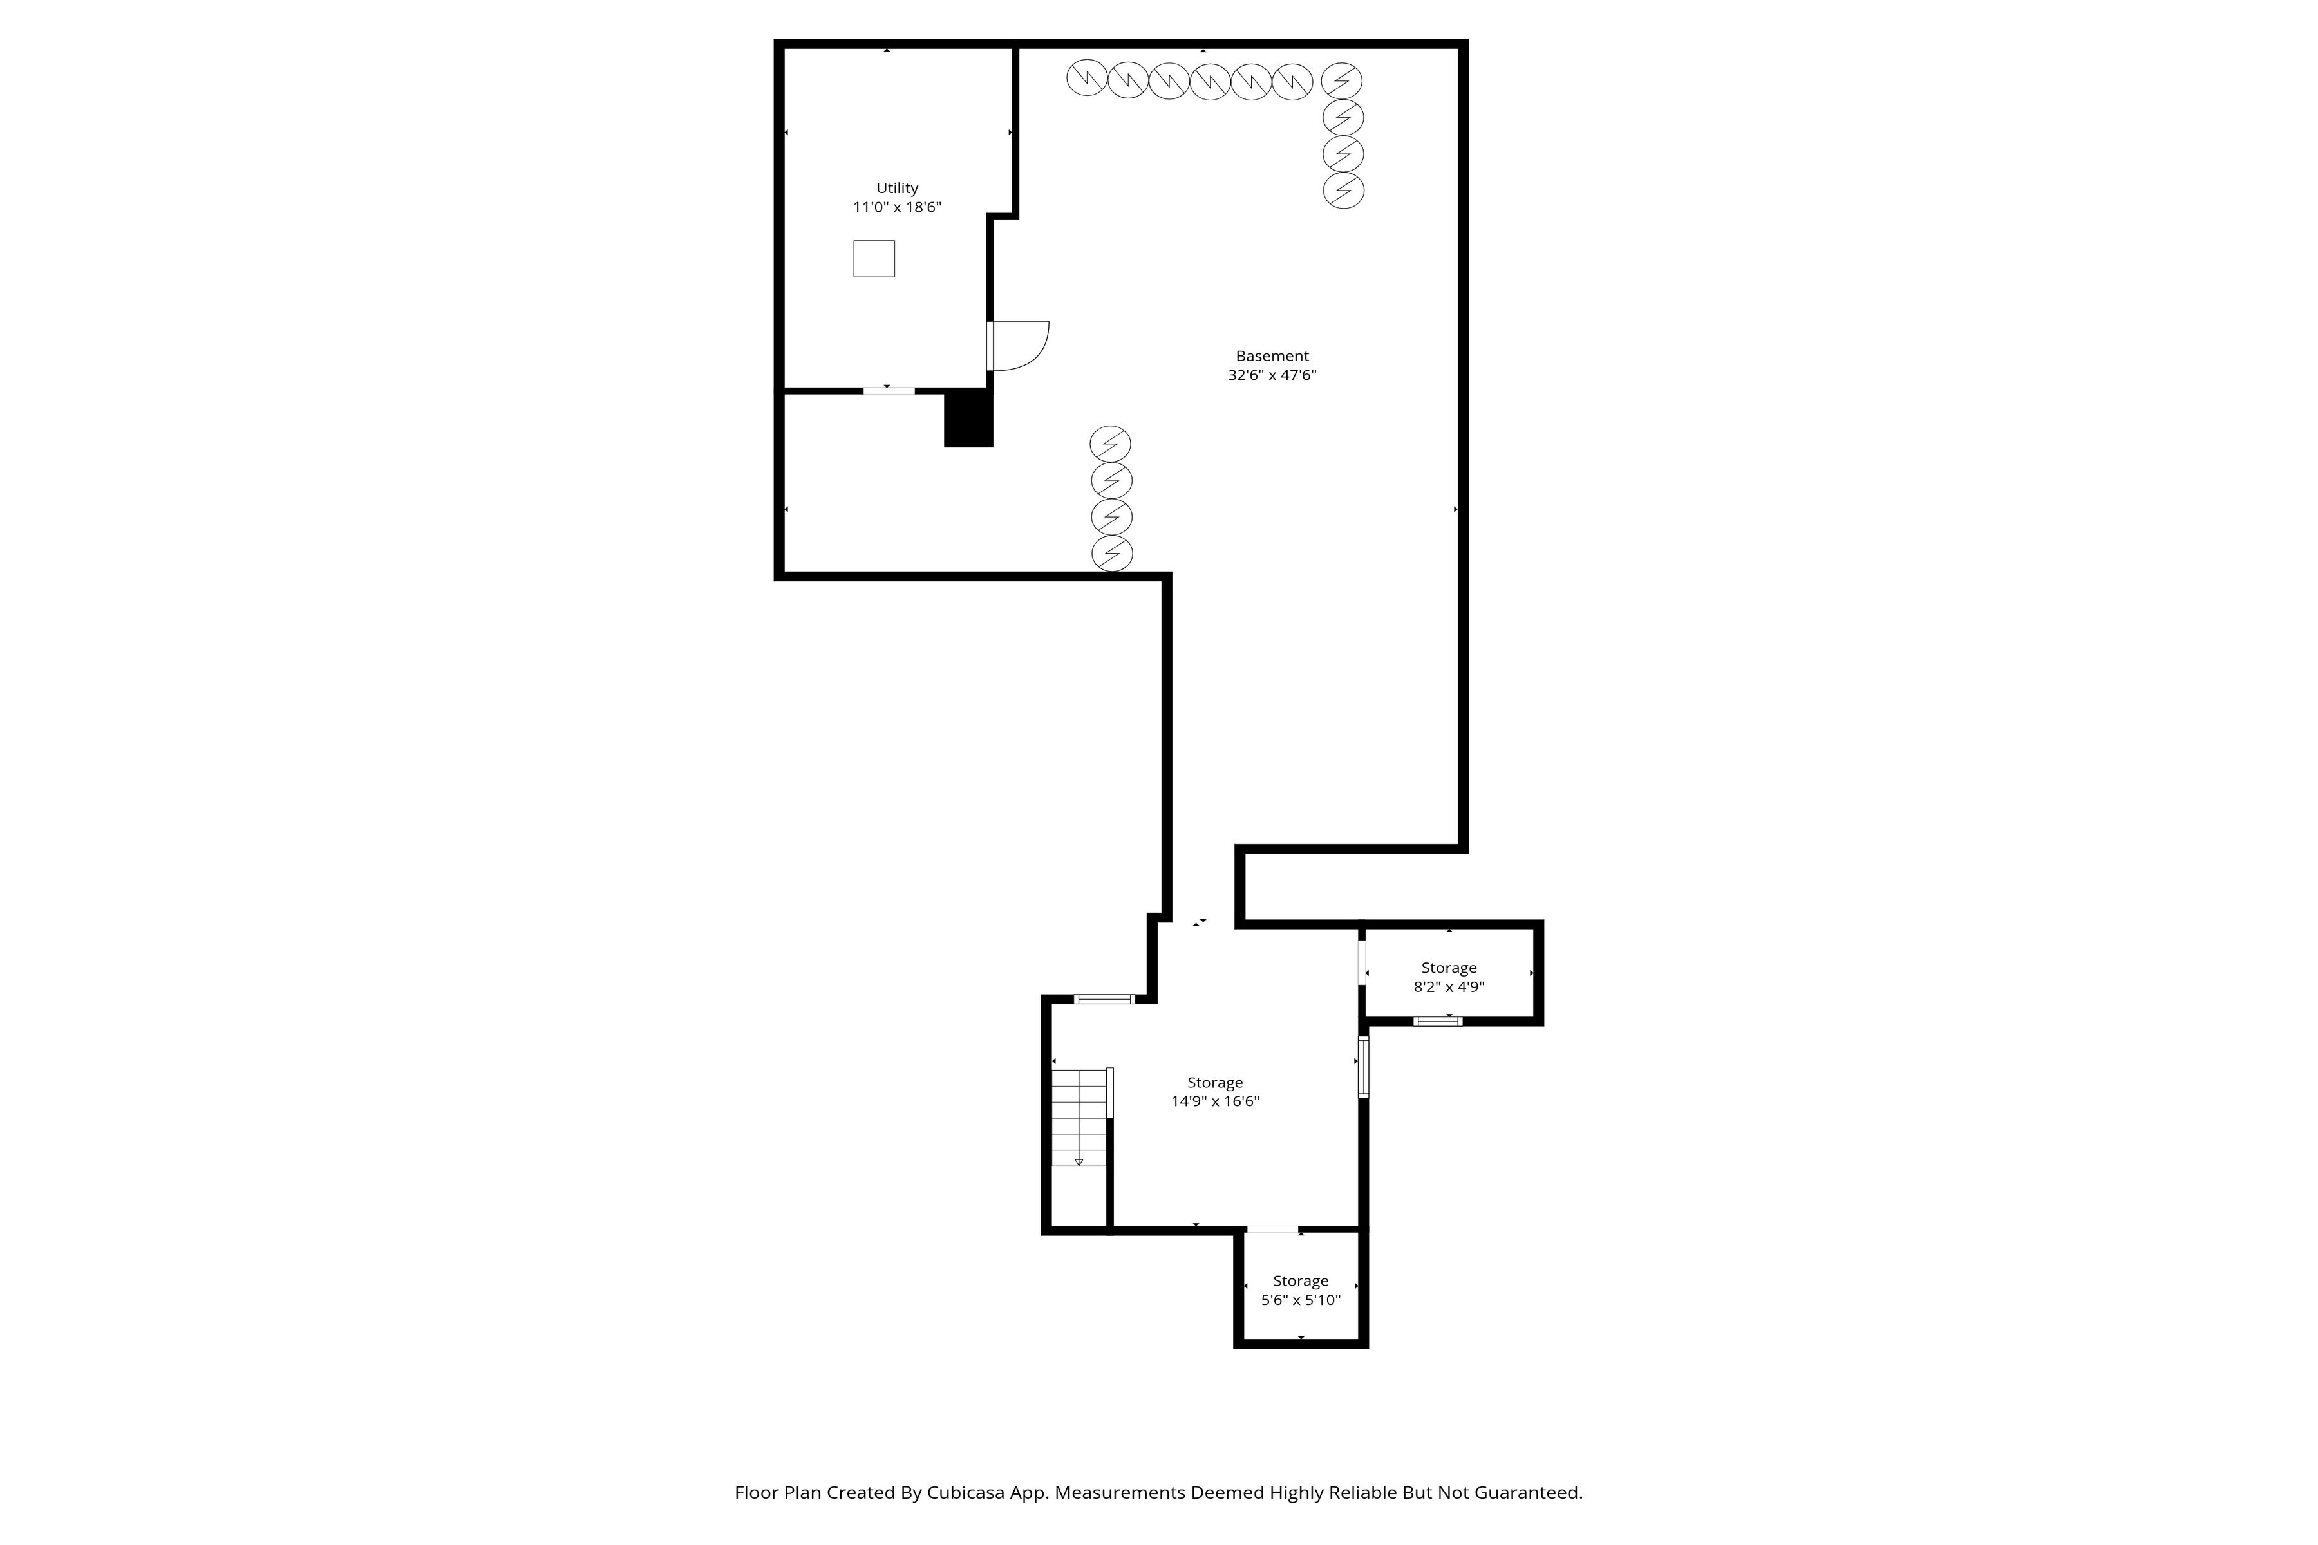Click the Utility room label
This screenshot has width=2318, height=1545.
897,188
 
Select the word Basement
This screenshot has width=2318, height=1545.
1272,356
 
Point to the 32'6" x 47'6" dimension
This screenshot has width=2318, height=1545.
1272,375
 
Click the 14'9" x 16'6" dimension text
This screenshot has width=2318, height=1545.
1215,1101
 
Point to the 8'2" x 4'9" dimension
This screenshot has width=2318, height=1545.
1449,986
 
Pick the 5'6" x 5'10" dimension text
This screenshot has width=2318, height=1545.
1301,1300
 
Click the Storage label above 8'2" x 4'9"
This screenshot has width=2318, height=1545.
1449,968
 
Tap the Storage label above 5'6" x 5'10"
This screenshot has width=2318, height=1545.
1301,1281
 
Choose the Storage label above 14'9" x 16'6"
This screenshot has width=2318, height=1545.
1215,1083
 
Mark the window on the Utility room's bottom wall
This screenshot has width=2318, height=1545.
889,391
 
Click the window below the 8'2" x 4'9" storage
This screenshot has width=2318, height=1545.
1438,1021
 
